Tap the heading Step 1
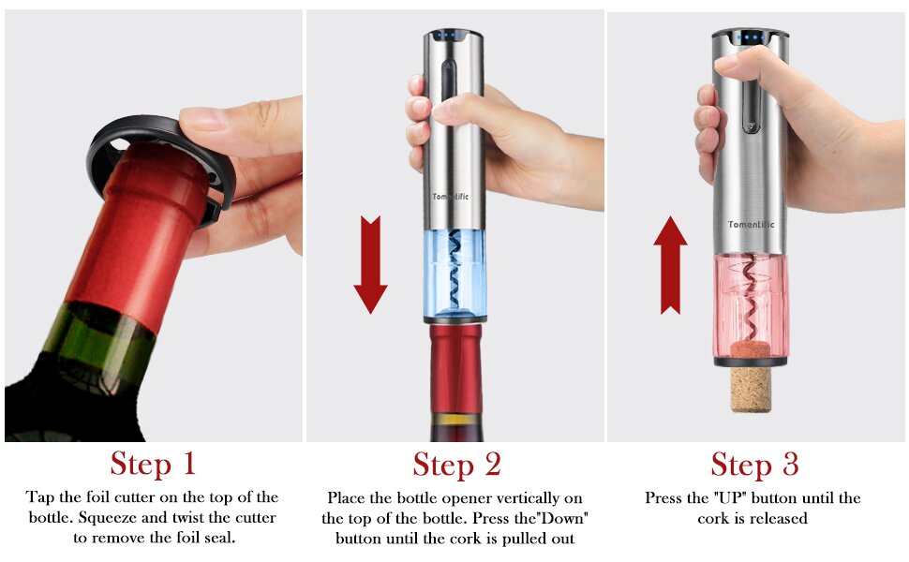pyautogui.click(x=153, y=464)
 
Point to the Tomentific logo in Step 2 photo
pyautogui.click(x=454, y=196)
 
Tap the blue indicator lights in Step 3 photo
pyautogui.click(x=751, y=38)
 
